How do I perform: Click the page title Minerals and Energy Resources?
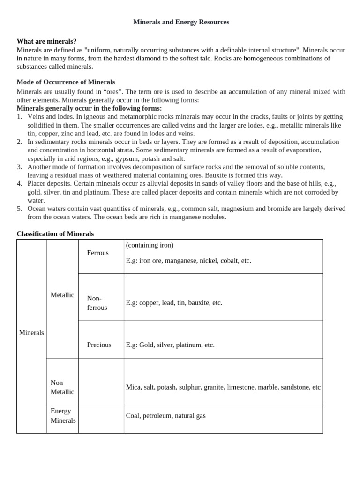(x=181, y=22)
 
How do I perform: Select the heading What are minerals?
(x=46, y=41)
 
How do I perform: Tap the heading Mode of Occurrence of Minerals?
(x=66, y=82)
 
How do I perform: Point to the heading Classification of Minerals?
(x=55, y=233)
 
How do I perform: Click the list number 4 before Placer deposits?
(x=19, y=184)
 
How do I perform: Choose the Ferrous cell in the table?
(x=97, y=253)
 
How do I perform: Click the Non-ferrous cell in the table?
(x=97, y=303)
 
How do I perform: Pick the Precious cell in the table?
(x=99, y=345)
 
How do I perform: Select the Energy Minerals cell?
(x=63, y=416)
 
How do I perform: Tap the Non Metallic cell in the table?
(x=62, y=387)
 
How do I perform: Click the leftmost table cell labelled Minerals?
(x=31, y=333)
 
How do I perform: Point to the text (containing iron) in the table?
(x=150, y=245)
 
